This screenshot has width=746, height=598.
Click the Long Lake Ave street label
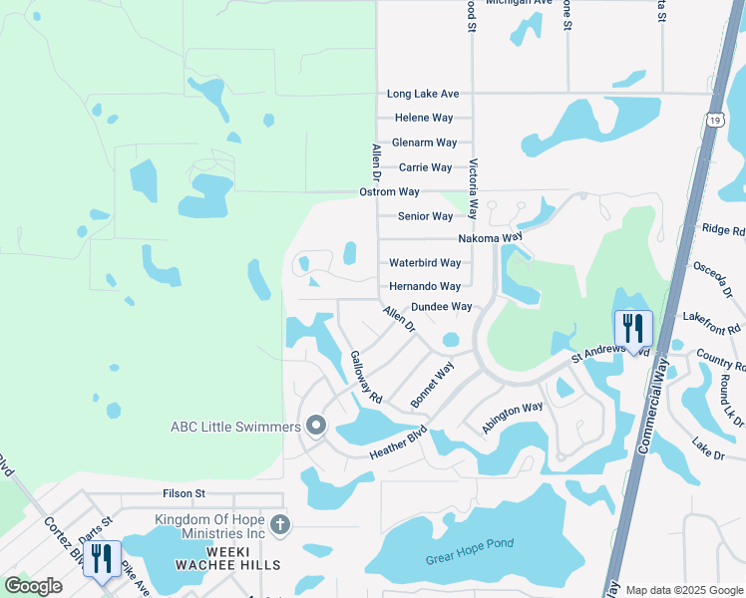pyautogui.click(x=423, y=94)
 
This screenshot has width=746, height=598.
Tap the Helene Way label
pyautogui.click(x=424, y=119)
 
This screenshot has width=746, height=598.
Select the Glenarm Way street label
pyautogui.click(x=424, y=144)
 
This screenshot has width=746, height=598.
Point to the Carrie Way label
pyautogui.click(x=427, y=167)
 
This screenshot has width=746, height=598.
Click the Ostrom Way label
pyautogui.click(x=390, y=191)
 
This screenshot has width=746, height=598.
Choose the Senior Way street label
pyautogui.click(x=426, y=216)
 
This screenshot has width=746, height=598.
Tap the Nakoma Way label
pyautogui.click(x=490, y=239)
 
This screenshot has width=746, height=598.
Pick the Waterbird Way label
pyautogui.click(x=425, y=263)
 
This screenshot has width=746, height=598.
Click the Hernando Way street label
pyautogui.click(x=425, y=286)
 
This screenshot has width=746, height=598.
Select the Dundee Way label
pyautogui.click(x=441, y=307)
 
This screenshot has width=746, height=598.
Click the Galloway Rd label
pyautogui.click(x=366, y=377)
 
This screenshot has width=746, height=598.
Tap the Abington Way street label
pyautogui.click(x=513, y=414)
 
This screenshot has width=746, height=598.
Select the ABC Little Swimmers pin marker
pyautogui.click(x=316, y=427)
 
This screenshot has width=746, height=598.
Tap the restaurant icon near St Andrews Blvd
pyautogui.click(x=633, y=328)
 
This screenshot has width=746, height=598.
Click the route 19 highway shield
pyautogui.click(x=715, y=120)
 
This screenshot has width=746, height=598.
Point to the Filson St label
pyautogui.click(x=184, y=493)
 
